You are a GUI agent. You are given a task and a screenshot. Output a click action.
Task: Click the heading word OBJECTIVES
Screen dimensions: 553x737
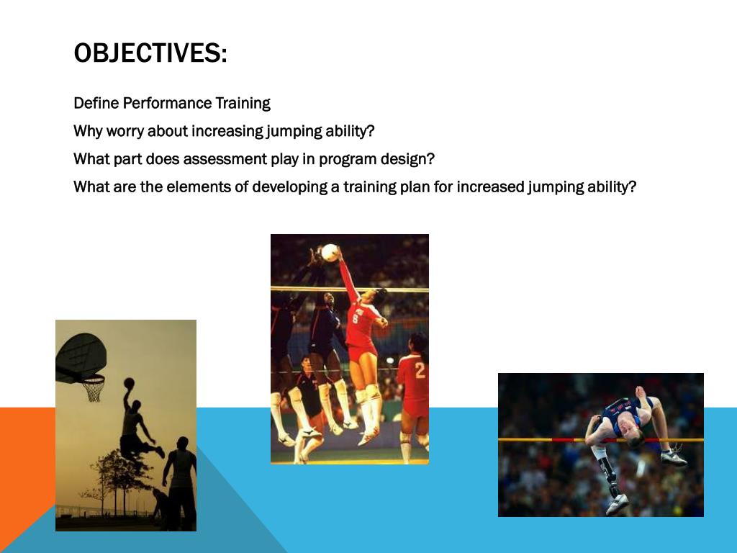pyautogui.click(x=150, y=53)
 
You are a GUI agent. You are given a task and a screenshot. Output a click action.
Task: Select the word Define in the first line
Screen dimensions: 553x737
pyautogui.click(x=96, y=103)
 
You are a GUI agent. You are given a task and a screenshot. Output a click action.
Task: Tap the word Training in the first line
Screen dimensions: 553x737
pyautogui.click(x=243, y=103)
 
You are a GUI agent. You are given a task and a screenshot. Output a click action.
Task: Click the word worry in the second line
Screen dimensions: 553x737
pyautogui.click(x=125, y=132)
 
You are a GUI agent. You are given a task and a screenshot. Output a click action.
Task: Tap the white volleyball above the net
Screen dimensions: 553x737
pyautogui.click(x=330, y=252)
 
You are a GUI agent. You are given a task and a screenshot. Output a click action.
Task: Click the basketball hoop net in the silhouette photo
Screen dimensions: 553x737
pyautogui.click(x=93, y=390)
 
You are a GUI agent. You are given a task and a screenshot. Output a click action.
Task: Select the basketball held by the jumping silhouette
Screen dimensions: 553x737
pyautogui.click(x=129, y=383)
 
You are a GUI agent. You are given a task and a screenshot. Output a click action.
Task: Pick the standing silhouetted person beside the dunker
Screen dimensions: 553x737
pyautogui.click(x=181, y=479)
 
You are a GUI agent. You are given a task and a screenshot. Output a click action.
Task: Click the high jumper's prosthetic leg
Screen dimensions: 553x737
pyautogui.click(x=608, y=475)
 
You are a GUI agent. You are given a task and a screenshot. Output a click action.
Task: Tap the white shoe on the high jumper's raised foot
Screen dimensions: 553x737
pyautogui.click(x=673, y=457)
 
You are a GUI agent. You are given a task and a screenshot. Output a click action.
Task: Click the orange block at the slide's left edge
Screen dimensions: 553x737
pyautogui.click(x=26, y=461)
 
